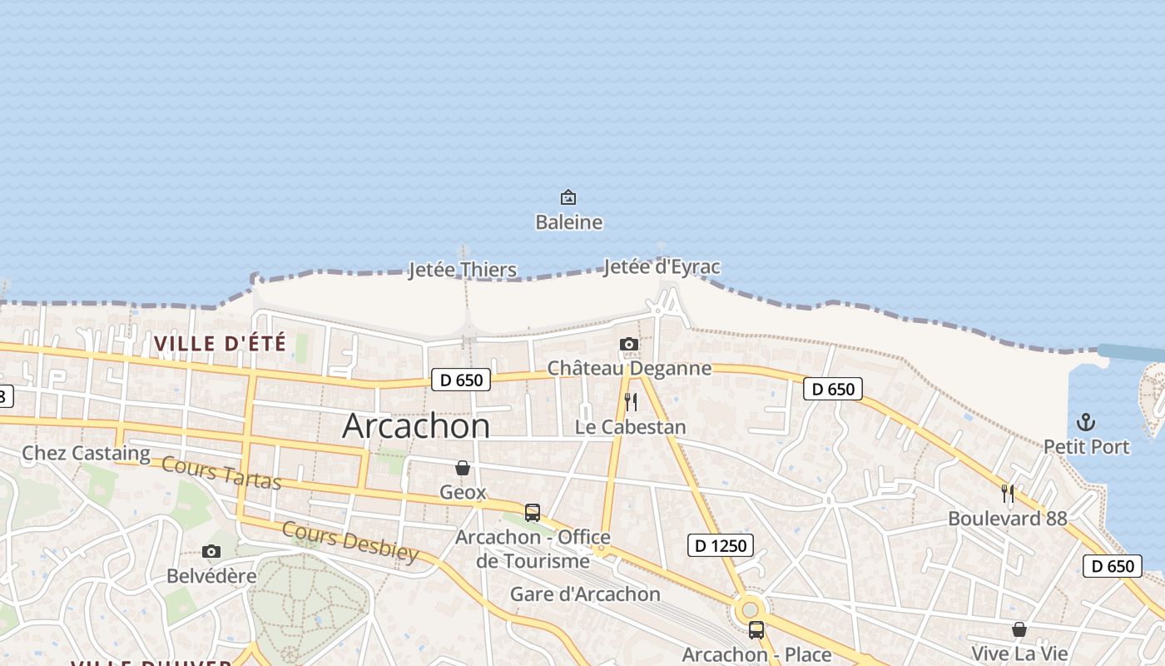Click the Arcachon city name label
(416, 426)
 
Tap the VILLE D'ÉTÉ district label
(220, 343)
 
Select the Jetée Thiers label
(463, 270)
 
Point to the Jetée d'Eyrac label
(662, 267)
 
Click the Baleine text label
(568, 222)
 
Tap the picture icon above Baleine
(568, 197)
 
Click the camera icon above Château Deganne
(629, 344)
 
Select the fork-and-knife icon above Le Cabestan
(631, 402)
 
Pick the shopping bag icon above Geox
(463, 468)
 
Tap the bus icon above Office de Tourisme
(533, 513)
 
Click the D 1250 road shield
(721, 546)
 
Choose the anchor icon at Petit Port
(1086, 422)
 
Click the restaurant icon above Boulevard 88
(1008, 494)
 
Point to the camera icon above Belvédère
(211, 551)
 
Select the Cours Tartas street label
(221, 473)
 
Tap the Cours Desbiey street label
(349, 542)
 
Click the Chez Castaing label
(86, 454)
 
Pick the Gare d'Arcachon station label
(585, 594)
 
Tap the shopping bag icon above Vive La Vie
(1019, 629)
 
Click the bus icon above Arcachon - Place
(756, 630)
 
